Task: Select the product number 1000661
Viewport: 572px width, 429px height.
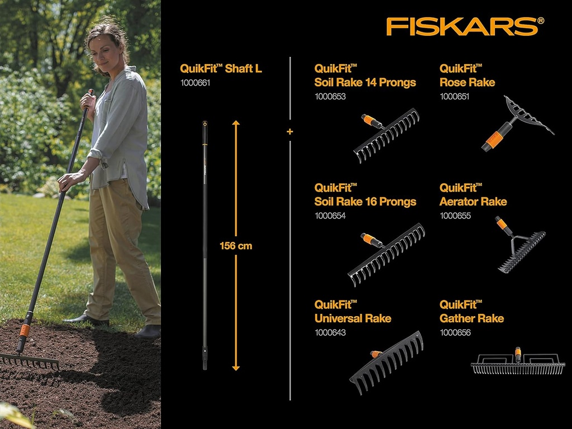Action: pos(194,83)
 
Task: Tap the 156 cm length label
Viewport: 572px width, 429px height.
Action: pos(236,246)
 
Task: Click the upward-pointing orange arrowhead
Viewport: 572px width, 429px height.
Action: pos(236,124)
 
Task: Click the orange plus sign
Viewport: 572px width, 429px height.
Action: pos(289,132)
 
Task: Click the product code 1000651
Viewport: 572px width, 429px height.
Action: pos(455,96)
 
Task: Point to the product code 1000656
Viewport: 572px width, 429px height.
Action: pos(455,332)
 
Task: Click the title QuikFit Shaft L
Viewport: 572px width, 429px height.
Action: pos(221,69)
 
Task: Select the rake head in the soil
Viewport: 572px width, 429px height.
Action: pos(28,360)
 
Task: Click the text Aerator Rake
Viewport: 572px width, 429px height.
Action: pos(473,201)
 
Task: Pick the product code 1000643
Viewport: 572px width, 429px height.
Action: pos(330,332)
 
